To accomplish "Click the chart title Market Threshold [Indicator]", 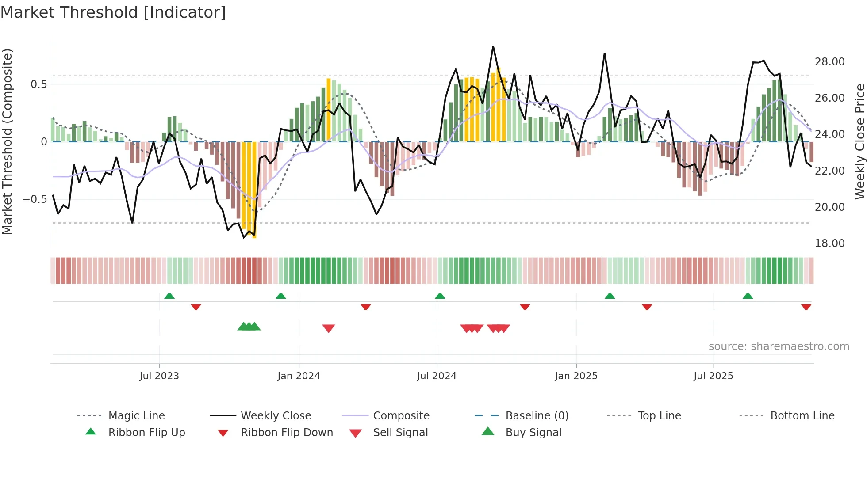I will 113,12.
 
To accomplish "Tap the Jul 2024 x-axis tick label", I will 437,376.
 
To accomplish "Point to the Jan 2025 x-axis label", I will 576,376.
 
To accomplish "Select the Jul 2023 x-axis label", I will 159,376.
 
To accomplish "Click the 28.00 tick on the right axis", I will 829,62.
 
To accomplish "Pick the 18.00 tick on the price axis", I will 829,243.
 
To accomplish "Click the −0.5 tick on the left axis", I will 35,199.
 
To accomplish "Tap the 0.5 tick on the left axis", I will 38,84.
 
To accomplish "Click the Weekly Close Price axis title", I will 859,141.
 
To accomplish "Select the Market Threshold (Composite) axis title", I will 7,141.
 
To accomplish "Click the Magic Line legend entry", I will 136,416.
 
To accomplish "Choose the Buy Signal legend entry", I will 533,433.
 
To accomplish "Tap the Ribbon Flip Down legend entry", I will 287,433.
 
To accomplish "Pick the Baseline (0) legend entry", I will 537,416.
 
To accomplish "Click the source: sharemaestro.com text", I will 779,346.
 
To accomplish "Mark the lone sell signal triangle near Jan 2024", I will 329,328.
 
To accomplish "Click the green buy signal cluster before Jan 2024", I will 249,327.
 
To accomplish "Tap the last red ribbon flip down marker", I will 806,307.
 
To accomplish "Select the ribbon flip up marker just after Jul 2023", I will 169,296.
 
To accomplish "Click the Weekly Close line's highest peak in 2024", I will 493,46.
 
